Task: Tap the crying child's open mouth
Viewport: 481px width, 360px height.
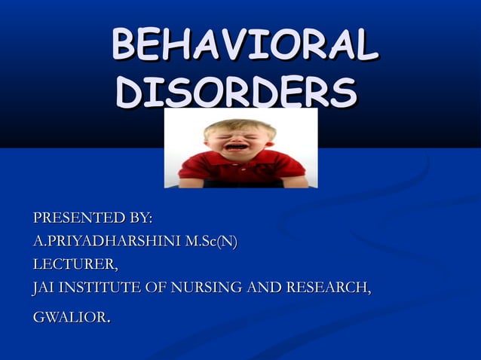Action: (x=237, y=146)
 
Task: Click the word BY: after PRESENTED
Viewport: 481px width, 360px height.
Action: (x=141, y=218)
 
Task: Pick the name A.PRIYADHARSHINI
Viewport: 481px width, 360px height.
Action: (x=103, y=242)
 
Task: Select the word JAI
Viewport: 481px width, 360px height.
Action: (x=44, y=288)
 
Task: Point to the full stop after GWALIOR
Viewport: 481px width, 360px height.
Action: (x=109, y=322)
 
